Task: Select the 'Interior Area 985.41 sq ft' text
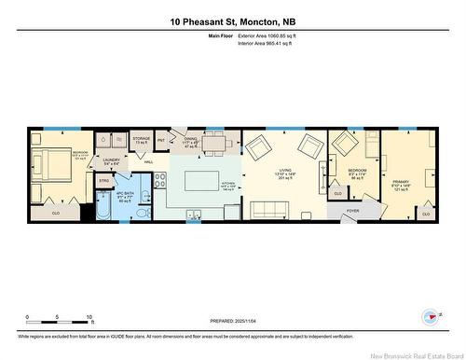(268, 43)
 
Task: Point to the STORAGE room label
(141, 139)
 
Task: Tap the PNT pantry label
(160, 140)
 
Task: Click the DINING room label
(191, 142)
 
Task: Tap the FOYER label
(352, 211)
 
